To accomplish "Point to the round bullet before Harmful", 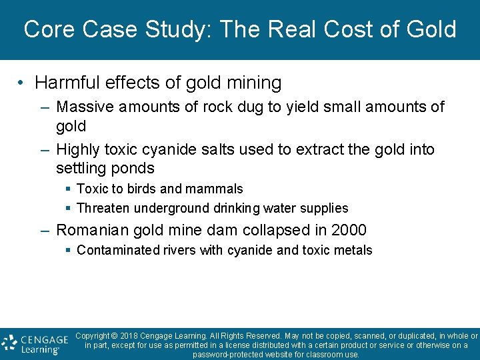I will click(22, 83).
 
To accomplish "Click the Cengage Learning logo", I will click(35, 343).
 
